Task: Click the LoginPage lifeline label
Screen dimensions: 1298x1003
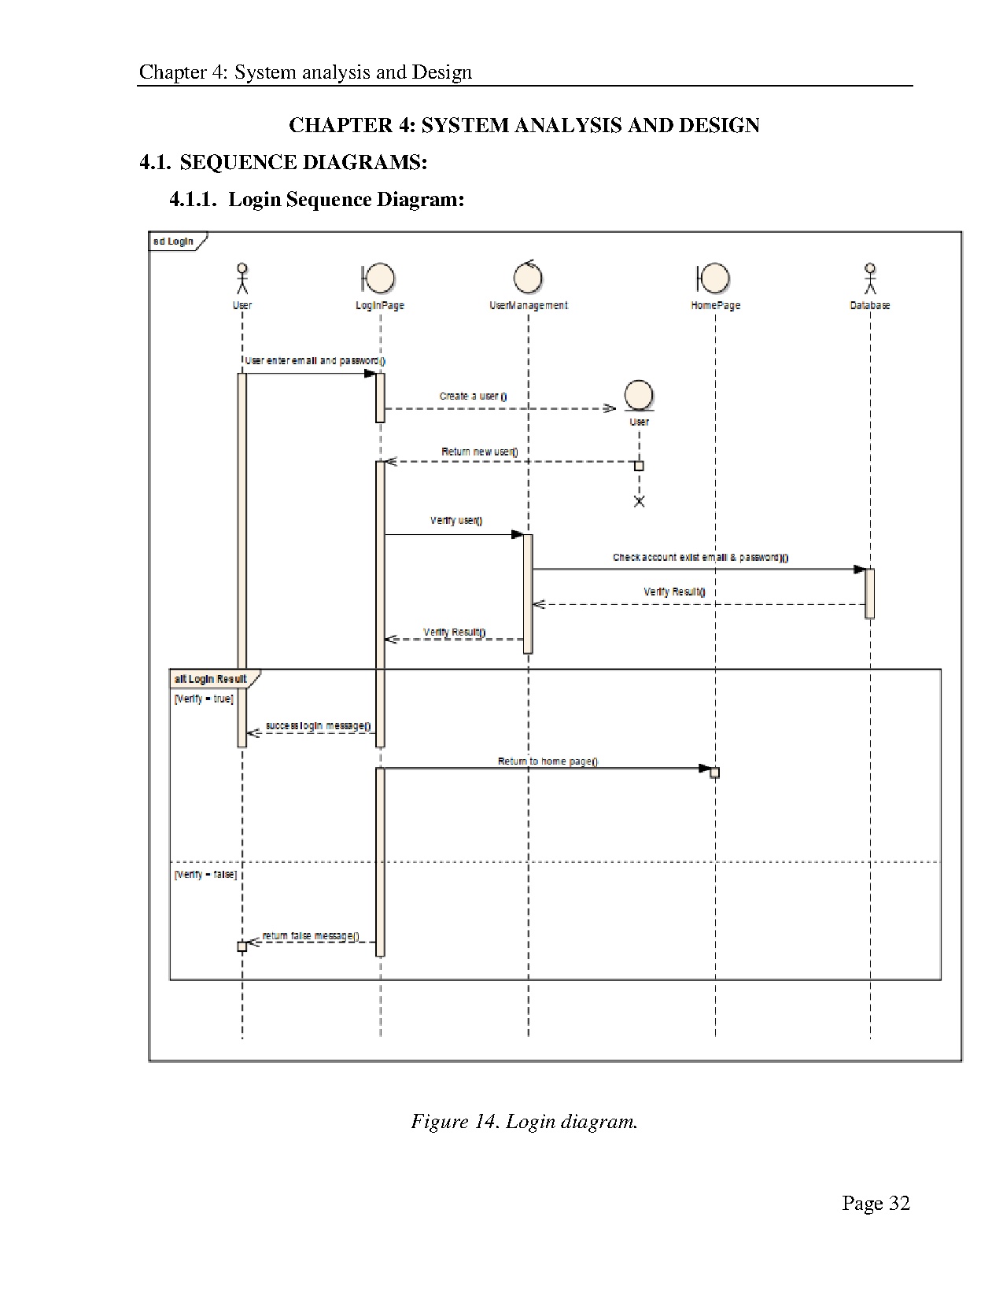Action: [x=380, y=305]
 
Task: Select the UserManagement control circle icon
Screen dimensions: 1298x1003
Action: [x=528, y=277]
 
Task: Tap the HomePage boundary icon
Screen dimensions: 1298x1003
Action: [x=714, y=278]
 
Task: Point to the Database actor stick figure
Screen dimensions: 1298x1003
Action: [x=870, y=278]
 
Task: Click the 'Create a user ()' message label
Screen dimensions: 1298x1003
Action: [x=473, y=396]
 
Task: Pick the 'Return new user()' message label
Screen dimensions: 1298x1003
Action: [x=479, y=452]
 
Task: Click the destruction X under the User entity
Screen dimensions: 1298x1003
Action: [x=639, y=501]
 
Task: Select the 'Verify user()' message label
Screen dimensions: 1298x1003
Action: [x=456, y=521]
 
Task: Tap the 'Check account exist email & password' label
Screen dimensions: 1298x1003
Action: [x=700, y=558]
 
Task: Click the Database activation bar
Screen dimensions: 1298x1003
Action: [x=869, y=592]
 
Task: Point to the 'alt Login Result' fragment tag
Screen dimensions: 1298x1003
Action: [x=211, y=679]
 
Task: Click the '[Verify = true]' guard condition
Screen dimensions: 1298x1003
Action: [x=204, y=699]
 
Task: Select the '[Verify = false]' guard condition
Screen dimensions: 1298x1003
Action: [x=205, y=874]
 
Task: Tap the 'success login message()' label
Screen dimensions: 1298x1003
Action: [x=319, y=726]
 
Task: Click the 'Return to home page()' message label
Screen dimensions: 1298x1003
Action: [x=548, y=761]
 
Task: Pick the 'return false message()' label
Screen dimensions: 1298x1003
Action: [x=311, y=936]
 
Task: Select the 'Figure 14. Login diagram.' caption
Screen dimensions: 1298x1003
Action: [x=524, y=1121]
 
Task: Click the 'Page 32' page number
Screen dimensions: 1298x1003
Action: [x=876, y=1203]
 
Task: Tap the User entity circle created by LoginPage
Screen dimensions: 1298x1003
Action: [x=639, y=395]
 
